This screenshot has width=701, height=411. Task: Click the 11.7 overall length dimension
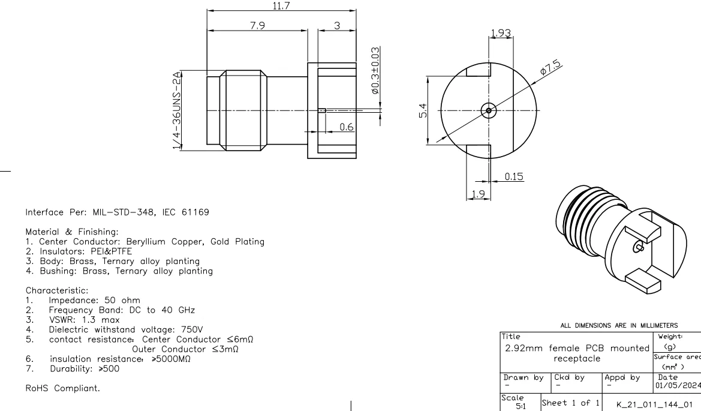pyautogui.click(x=279, y=5)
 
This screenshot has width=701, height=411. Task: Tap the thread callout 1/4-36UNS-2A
pyautogui.click(x=178, y=110)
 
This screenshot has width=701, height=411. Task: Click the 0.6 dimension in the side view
pyautogui.click(x=347, y=126)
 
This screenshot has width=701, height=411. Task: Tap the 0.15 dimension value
pyautogui.click(x=513, y=176)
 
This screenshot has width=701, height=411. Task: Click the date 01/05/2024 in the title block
pyautogui.click(x=677, y=359)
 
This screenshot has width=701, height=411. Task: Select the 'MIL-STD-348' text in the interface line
pyautogui.click(x=116, y=212)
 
